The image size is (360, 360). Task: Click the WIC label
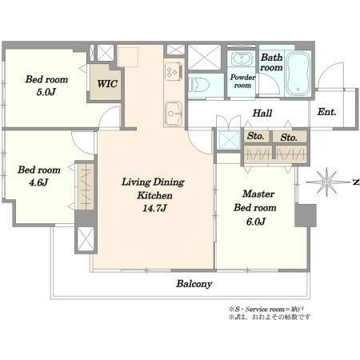click(x=107, y=84)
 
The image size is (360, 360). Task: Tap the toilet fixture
click(x=198, y=85)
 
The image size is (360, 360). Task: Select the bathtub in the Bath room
click(x=298, y=74)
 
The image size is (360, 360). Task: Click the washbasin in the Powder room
click(x=242, y=58)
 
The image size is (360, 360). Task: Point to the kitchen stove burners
click(x=174, y=71)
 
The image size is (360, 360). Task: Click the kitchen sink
click(x=174, y=114)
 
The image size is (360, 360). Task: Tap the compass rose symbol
click(x=326, y=182)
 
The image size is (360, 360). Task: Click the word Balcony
click(x=194, y=284)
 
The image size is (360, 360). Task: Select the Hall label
click(x=262, y=113)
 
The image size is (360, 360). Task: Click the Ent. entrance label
click(x=326, y=112)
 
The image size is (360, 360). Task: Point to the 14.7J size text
click(x=154, y=208)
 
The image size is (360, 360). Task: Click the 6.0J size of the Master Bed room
click(x=256, y=222)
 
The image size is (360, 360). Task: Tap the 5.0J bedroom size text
click(x=46, y=92)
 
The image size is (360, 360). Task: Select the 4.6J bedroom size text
click(x=38, y=182)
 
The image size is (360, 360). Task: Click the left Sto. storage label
click(x=255, y=136)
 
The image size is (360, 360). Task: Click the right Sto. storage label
click(x=289, y=138)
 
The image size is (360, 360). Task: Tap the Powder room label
click(x=242, y=81)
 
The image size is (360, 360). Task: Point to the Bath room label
click(x=271, y=62)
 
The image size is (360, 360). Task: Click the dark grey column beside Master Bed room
click(x=306, y=215)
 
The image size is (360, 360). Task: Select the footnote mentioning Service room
click(x=266, y=310)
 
